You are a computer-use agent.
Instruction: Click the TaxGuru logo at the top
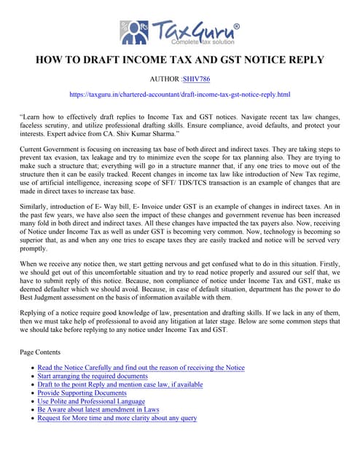coord(179,32)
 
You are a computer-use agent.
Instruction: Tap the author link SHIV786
coord(195,79)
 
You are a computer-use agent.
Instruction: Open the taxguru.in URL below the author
coord(179,95)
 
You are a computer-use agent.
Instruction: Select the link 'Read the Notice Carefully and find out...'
coord(141,368)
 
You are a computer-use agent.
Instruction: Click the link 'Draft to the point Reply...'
coord(120,384)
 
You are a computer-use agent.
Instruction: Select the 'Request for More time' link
coord(117,418)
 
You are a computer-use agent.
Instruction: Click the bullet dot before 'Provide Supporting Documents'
coord(31,393)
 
